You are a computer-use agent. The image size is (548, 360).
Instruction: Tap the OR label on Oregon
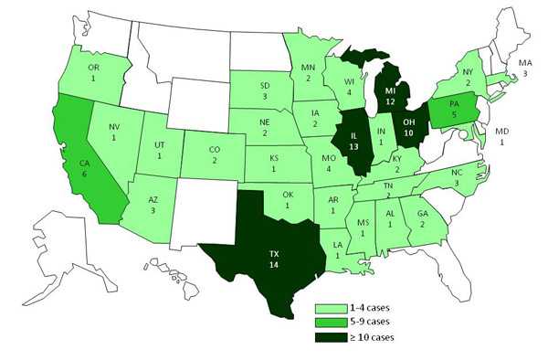pyautogui.click(x=90, y=66)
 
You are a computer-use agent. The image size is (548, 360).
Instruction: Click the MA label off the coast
pyautogui.click(x=524, y=62)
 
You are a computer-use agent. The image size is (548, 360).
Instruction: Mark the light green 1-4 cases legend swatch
pyautogui.click(x=331, y=309)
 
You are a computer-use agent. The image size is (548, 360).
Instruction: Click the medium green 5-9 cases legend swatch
pyautogui.click(x=331, y=322)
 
